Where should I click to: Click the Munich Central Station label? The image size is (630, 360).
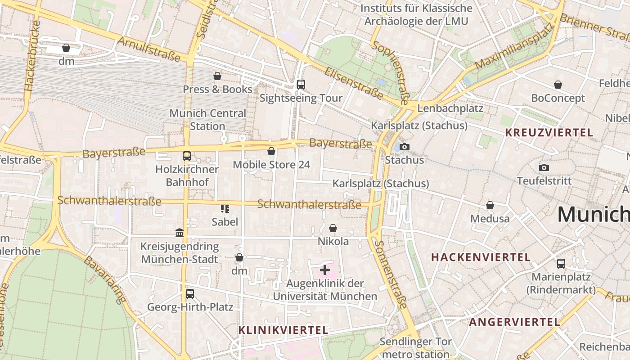(207, 120)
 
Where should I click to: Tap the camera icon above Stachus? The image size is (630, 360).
(405, 147)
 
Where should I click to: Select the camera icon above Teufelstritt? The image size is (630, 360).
(544, 168)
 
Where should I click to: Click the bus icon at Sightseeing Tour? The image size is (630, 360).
(301, 85)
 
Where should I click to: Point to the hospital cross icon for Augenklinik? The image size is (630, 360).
(324, 270)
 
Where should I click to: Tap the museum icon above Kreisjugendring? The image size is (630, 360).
(180, 233)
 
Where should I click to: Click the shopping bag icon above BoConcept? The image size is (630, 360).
(558, 85)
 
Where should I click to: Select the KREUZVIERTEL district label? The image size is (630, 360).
(549, 133)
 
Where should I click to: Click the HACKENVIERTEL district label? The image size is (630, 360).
(481, 257)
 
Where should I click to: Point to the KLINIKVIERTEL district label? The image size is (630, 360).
(283, 330)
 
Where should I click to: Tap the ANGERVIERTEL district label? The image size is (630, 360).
(514, 322)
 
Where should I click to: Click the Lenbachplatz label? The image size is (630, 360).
(450, 108)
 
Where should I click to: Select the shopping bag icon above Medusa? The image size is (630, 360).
(490, 206)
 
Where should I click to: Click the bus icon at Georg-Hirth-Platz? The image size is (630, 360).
(190, 294)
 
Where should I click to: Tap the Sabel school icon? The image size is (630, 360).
(225, 208)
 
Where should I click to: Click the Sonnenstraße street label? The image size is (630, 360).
(391, 274)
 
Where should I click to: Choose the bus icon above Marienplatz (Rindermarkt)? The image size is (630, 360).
(561, 264)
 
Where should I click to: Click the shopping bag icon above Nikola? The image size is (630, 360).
(333, 228)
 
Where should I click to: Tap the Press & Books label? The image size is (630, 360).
(217, 89)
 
